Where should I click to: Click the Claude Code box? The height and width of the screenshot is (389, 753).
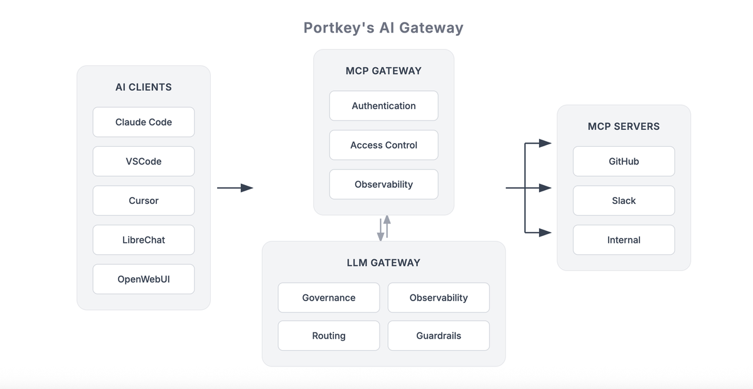click(x=144, y=122)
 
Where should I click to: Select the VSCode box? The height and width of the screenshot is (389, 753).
click(x=144, y=161)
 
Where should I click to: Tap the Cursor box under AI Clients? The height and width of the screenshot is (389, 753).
click(x=144, y=201)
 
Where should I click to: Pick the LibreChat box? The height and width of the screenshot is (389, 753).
click(x=144, y=240)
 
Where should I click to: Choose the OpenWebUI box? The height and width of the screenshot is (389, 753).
click(x=144, y=279)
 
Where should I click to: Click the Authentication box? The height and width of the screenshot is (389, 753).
click(x=383, y=106)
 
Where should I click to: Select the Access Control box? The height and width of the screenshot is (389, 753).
click(x=383, y=145)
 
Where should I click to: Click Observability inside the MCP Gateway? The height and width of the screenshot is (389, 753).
click(x=383, y=184)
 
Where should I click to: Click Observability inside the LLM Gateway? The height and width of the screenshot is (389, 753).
click(x=439, y=298)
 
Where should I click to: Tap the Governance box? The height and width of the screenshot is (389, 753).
click(x=329, y=298)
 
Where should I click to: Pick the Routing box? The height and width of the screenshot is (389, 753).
click(x=329, y=336)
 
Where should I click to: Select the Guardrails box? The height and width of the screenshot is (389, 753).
click(x=439, y=336)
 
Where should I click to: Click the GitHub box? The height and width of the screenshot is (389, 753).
click(x=624, y=161)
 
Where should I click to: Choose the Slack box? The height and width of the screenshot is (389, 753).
click(x=624, y=201)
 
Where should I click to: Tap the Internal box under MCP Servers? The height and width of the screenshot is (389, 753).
click(x=624, y=240)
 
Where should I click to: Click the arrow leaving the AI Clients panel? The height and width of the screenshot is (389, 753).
click(x=235, y=188)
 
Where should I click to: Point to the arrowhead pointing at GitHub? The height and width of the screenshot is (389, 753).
click(x=545, y=143)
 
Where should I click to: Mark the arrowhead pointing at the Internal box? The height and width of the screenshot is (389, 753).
click(x=545, y=233)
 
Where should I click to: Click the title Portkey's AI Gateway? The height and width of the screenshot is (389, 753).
click(x=383, y=28)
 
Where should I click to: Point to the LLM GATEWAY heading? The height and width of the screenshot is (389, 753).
click(x=383, y=263)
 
